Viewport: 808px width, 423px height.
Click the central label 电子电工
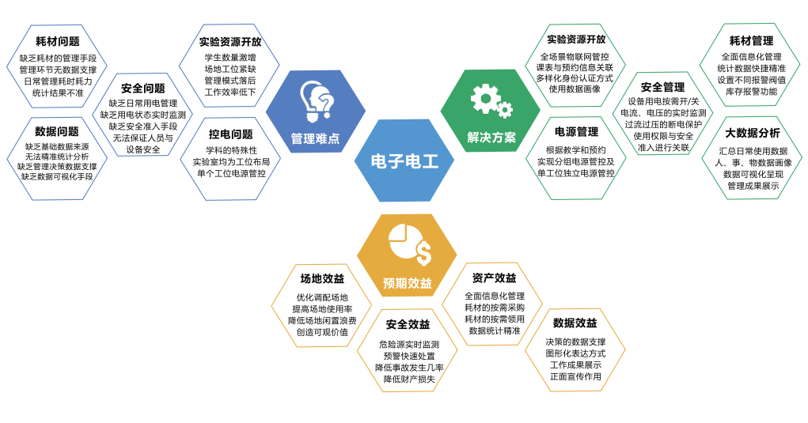tap(404, 161)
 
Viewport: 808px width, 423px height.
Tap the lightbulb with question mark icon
tap(317, 101)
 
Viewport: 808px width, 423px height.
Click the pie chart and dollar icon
tap(410, 245)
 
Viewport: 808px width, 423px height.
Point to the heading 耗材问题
tap(58, 41)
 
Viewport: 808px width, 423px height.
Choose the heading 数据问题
tap(57, 131)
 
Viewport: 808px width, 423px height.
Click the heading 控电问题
tap(231, 134)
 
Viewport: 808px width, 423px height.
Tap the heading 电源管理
tap(577, 132)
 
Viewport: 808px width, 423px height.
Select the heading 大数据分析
tap(753, 133)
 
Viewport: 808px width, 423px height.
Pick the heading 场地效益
tap(323, 278)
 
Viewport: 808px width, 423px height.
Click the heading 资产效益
tap(494, 278)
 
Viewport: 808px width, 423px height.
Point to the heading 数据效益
tap(575, 323)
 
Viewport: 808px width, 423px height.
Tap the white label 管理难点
tap(316, 138)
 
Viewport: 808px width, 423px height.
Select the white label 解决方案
tap(491, 138)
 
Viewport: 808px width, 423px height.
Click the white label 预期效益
tap(408, 283)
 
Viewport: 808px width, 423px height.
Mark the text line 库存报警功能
tap(751, 92)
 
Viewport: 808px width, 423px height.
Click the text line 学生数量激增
tap(230, 58)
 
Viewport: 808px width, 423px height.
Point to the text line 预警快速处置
tap(409, 356)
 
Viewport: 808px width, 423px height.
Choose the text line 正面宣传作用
tap(575, 376)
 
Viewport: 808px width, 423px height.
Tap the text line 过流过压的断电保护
tap(663, 125)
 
